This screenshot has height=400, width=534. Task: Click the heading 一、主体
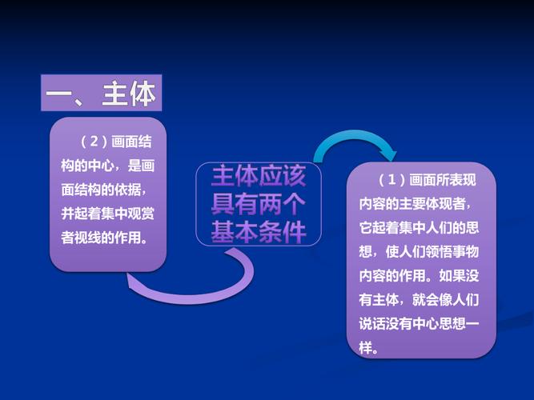(x=100, y=94)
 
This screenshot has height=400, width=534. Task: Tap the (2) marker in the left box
(x=94, y=142)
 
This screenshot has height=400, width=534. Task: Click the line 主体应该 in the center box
(x=259, y=177)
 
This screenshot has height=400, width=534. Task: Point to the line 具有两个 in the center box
(x=259, y=204)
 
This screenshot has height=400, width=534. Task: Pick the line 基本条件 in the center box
(x=259, y=231)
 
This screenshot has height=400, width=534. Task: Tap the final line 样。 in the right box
(x=369, y=348)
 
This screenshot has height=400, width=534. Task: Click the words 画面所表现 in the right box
(x=444, y=179)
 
